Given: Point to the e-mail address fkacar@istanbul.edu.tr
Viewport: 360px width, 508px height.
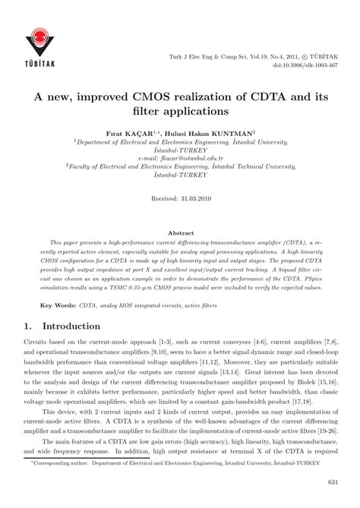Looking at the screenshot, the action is pyautogui.click(x=180, y=156).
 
